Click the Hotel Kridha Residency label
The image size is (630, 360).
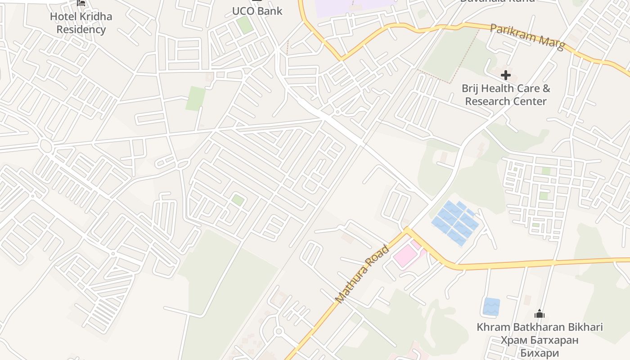[81, 23]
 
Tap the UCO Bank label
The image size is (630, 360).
[257, 11]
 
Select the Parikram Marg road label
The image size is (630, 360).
[527, 37]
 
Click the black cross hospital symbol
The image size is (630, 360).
[506, 75]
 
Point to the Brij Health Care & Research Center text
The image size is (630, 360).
[506, 94]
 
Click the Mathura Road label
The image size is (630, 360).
[362, 274]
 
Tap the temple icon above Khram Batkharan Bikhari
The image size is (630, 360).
[540, 314]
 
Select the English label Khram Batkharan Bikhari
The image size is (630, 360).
[540, 327]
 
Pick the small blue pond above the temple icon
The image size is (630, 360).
[491, 306]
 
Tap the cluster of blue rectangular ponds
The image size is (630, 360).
[455, 223]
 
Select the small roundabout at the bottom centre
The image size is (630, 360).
[278, 332]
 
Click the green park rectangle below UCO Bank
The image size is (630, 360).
[196, 99]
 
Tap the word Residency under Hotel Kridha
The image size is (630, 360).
[81, 30]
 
